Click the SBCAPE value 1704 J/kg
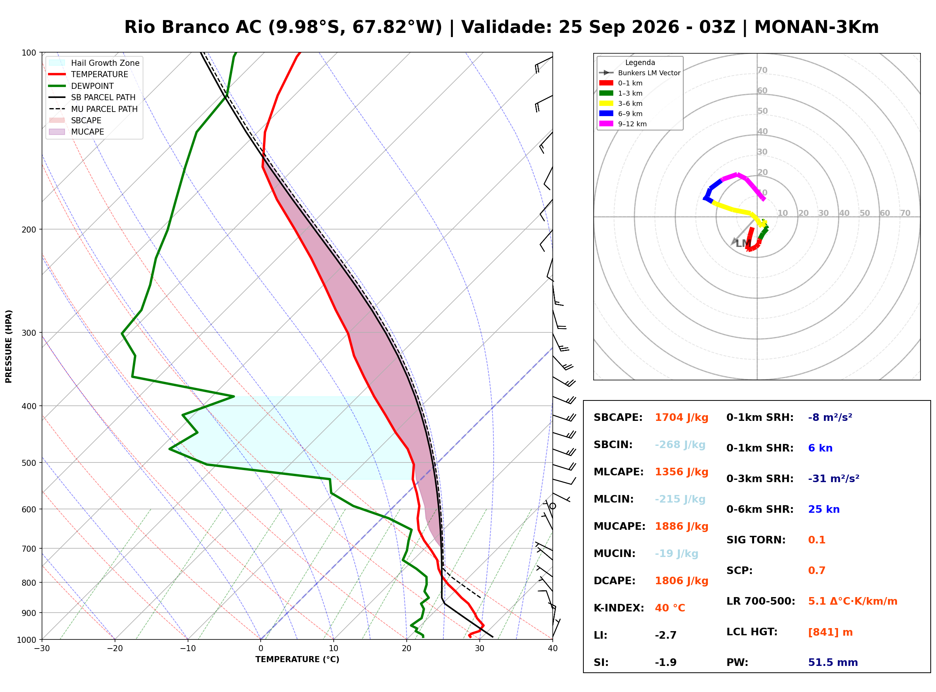coord(682,417)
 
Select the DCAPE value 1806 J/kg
coord(682,581)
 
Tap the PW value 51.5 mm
coord(833,663)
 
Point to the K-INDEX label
coord(619,608)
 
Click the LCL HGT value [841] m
coord(830,632)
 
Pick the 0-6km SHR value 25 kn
coord(824,509)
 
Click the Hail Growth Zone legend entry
coord(94,63)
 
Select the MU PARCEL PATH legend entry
coord(93,109)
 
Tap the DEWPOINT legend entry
coord(81,86)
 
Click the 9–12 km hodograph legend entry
coord(623,124)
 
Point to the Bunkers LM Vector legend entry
coord(640,73)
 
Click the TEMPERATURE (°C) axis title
coord(297,660)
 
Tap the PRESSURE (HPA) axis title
coord(9,346)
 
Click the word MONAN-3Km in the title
coord(816,27)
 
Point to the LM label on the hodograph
coord(744,244)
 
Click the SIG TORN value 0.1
coord(816,540)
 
